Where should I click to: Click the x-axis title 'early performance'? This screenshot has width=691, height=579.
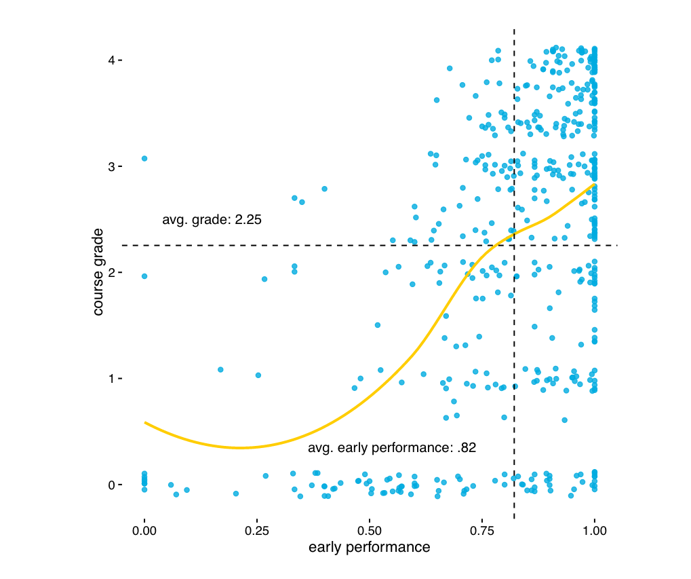(369, 547)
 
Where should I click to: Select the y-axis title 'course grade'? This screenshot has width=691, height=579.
(98, 272)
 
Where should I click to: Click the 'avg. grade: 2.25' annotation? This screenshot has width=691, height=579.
(212, 220)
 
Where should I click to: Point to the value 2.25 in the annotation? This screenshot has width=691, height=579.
(248, 220)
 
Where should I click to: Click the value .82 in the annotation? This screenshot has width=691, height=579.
(467, 448)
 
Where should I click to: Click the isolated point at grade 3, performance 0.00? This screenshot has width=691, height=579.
(144, 158)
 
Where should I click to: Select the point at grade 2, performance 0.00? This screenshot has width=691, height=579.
(144, 276)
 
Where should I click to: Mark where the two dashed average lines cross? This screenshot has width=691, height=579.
(514, 245)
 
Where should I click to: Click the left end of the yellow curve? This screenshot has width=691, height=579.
(145, 422)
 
